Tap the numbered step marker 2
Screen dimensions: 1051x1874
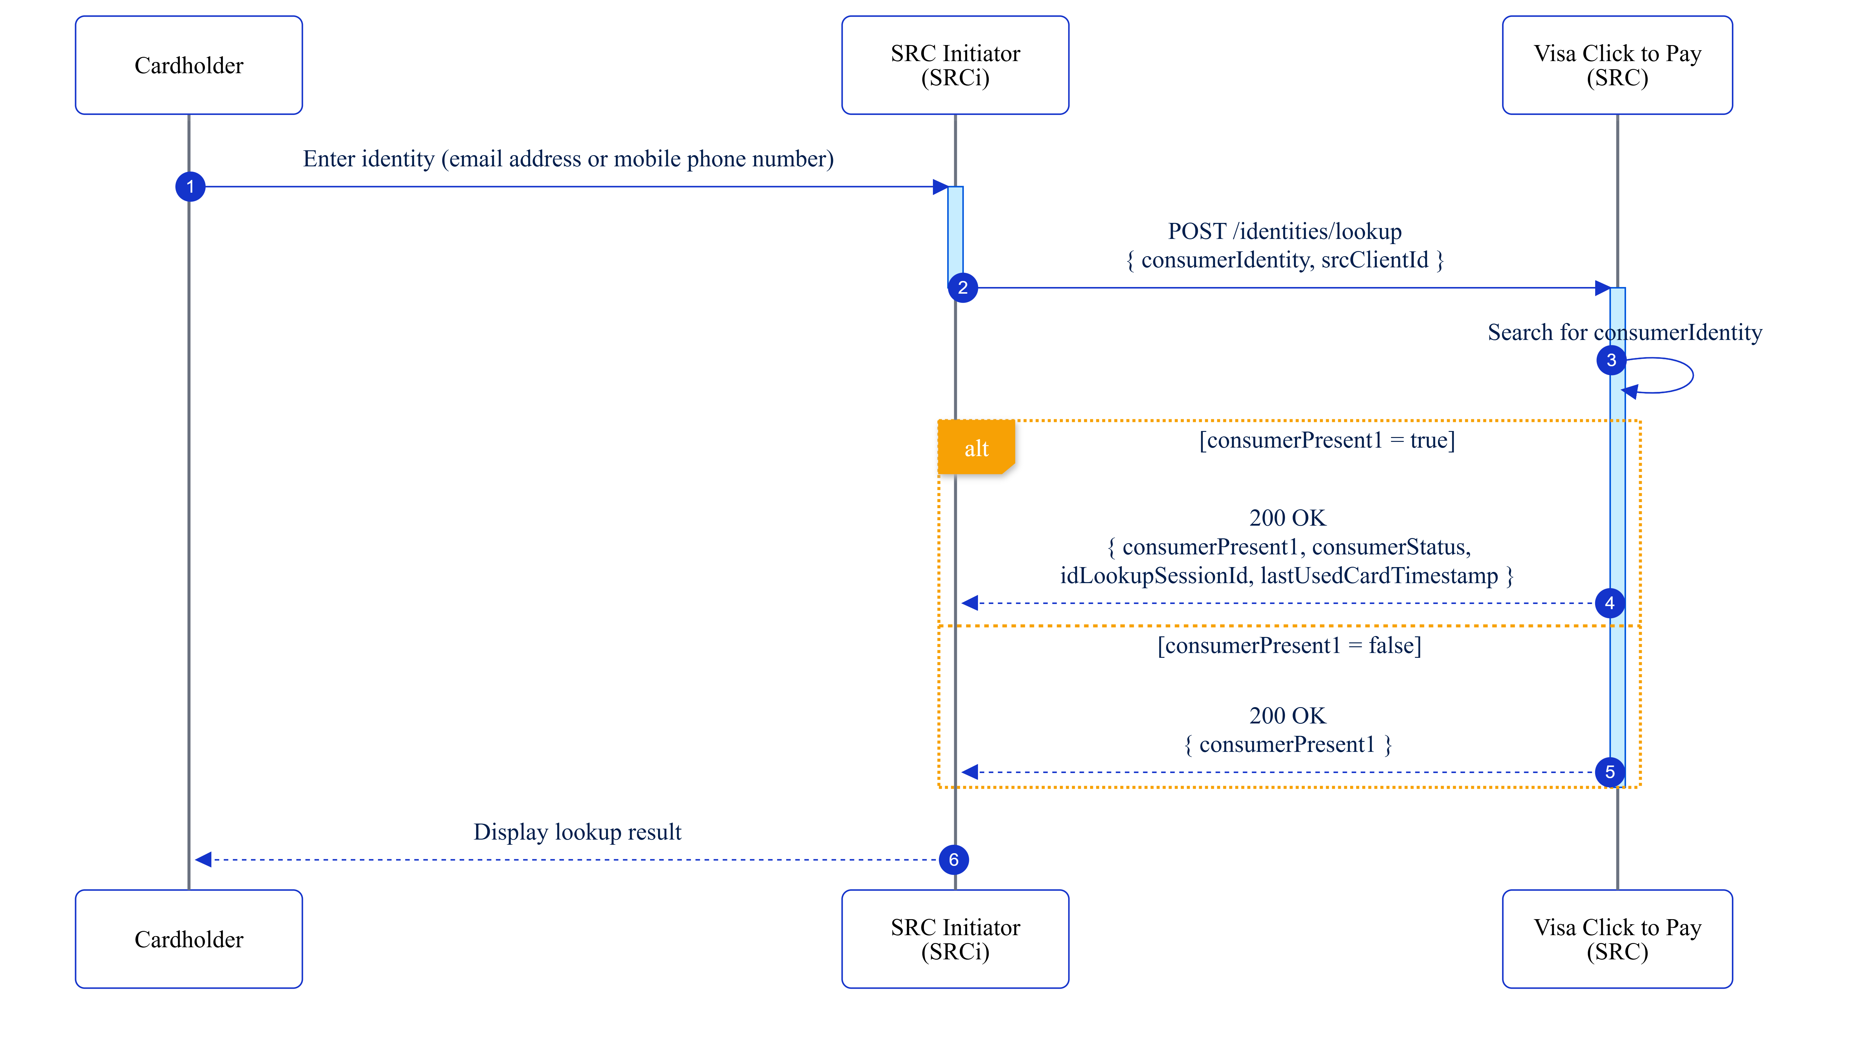pyautogui.click(x=963, y=288)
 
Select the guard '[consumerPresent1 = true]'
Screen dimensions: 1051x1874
pyautogui.click(x=1326, y=440)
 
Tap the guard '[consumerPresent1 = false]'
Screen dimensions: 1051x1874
pyautogui.click(x=1288, y=645)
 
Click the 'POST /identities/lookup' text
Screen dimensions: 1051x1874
pyautogui.click(x=1284, y=231)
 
